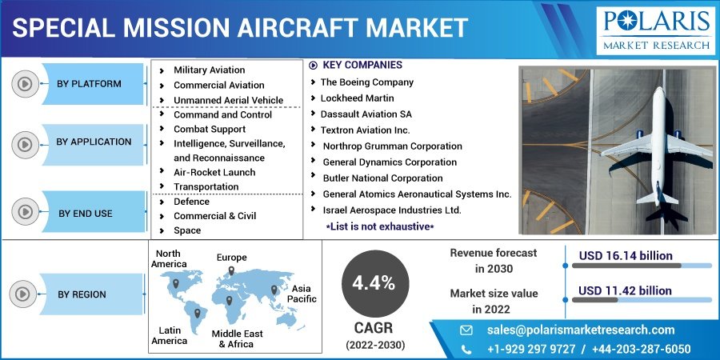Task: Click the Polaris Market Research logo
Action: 656,30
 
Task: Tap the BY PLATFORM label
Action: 89,84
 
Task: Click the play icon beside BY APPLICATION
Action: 25,145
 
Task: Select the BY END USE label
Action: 86,214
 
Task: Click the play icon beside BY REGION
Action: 22,294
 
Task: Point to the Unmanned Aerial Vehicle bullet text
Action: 228,100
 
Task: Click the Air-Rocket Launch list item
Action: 214,172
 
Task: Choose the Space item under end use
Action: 187,230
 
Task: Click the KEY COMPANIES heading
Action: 362,66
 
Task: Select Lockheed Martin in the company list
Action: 358,98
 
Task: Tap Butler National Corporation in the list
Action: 383,178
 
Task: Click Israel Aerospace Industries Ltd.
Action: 392,210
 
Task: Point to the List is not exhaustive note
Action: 380,226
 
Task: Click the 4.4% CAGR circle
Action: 375,283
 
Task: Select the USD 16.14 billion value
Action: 626,256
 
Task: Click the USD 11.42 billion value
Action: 625,290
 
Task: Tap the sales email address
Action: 581,330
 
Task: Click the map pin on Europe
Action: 231,270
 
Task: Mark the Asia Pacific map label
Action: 302,294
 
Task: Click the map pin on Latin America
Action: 198,314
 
